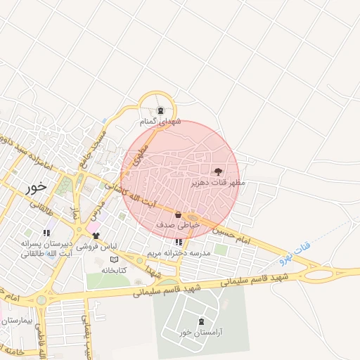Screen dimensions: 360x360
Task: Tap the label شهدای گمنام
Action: click(x=161, y=122)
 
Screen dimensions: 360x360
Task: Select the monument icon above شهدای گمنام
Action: click(x=161, y=110)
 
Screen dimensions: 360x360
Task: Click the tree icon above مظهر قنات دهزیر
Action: click(x=217, y=171)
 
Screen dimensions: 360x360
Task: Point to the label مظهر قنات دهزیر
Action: click(x=218, y=182)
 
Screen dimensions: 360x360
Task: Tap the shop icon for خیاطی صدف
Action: click(x=178, y=214)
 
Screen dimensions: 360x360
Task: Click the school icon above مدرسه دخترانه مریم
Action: click(x=178, y=242)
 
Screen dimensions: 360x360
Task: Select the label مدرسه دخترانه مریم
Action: click(x=179, y=252)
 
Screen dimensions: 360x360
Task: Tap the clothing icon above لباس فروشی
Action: click(x=96, y=236)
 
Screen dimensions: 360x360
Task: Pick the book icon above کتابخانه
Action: click(x=114, y=259)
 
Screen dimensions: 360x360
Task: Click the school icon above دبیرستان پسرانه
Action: click(x=46, y=233)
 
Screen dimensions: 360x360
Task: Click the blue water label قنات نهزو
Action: click(x=295, y=251)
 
